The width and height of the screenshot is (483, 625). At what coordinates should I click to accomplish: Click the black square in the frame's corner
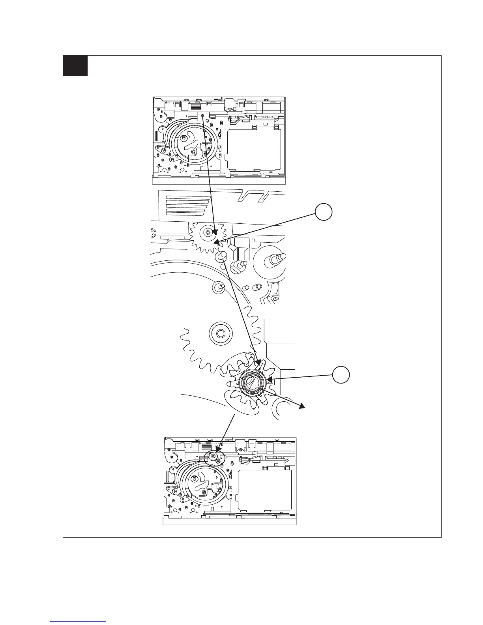tap(75, 65)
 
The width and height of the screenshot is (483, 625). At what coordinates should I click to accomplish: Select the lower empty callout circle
tap(341, 374)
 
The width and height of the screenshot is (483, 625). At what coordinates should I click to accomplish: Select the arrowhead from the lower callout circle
tap(269, 380)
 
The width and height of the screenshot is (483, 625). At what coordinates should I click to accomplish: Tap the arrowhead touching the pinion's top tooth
tap(259, 361)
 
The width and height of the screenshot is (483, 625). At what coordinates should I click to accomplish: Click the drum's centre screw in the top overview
tap(193, 152)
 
